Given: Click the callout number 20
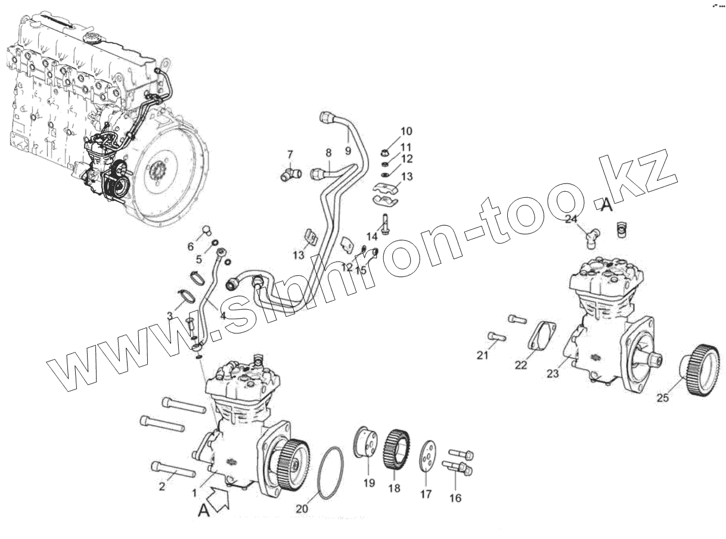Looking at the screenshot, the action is (x=302, y=509).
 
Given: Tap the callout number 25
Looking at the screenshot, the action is (x=663, y=398).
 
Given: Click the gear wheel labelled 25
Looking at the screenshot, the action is (x=700, y=375).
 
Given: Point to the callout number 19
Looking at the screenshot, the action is (x=369, y=483).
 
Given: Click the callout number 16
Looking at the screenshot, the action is (x=455, y=498).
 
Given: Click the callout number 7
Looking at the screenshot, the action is (x=290, y=154).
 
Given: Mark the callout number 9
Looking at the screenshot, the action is (x=348, y=151).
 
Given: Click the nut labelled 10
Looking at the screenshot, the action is (x=386, y=152).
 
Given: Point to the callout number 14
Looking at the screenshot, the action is (x=372, y=236).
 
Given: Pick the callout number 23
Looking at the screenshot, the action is (x=553, y=373).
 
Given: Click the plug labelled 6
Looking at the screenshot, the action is (x=205, y=230).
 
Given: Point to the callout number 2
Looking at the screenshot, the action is (x=162, y=487).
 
